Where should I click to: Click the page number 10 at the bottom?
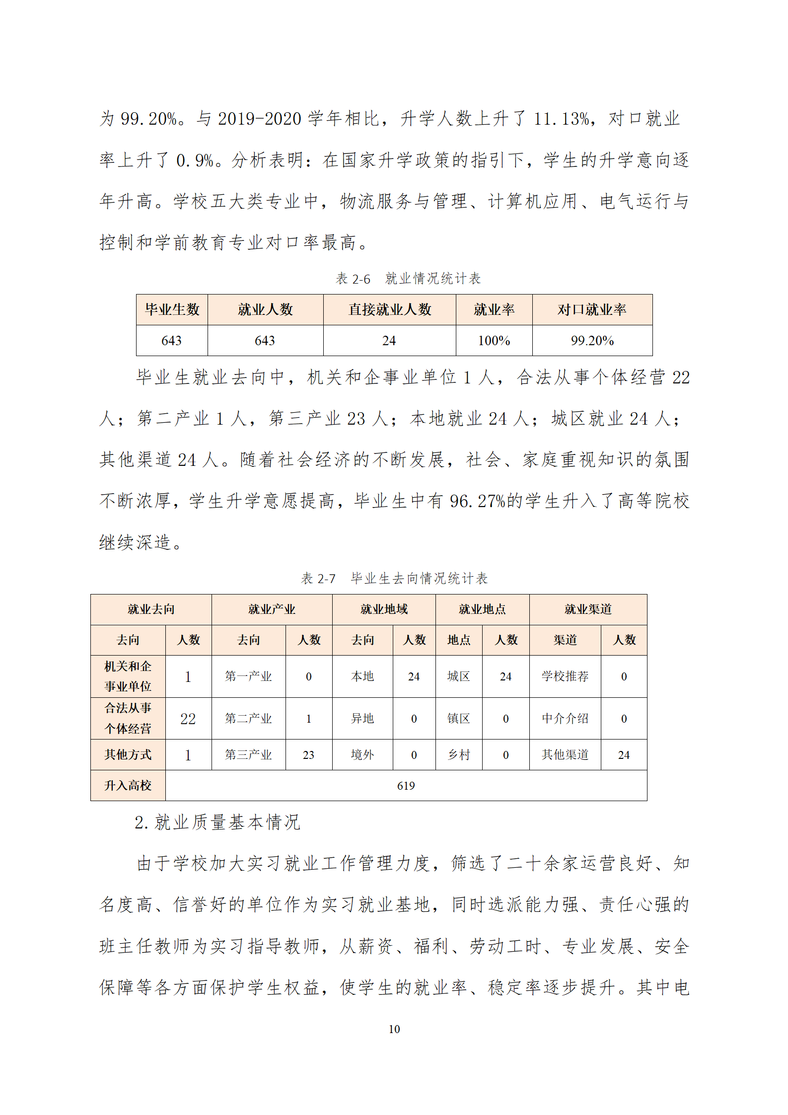[x=394, y=1029]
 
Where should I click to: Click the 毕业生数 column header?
[x=172, y=309]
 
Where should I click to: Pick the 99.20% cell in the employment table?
[x=592, y=341]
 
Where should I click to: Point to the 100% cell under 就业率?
[x=494, y=341]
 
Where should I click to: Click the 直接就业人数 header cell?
[x=389, y=309]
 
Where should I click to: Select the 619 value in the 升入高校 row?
[x=406, y=785]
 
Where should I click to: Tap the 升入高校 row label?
[x=128, y=785]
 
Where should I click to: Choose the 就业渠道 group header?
[x=588, y=609]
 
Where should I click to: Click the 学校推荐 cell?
[x=565, y=676]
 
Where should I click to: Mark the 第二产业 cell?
[x=248, y=718]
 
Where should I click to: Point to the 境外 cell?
[x=362, y=755]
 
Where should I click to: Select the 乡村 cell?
[x=458, y=755]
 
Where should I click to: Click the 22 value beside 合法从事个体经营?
[x=188, y=718]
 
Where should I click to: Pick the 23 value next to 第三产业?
[x=308, y=755]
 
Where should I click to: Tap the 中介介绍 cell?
[x=565, y=718]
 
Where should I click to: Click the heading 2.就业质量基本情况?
[x=217, y=822]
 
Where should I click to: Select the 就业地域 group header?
[x=384, y=609]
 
